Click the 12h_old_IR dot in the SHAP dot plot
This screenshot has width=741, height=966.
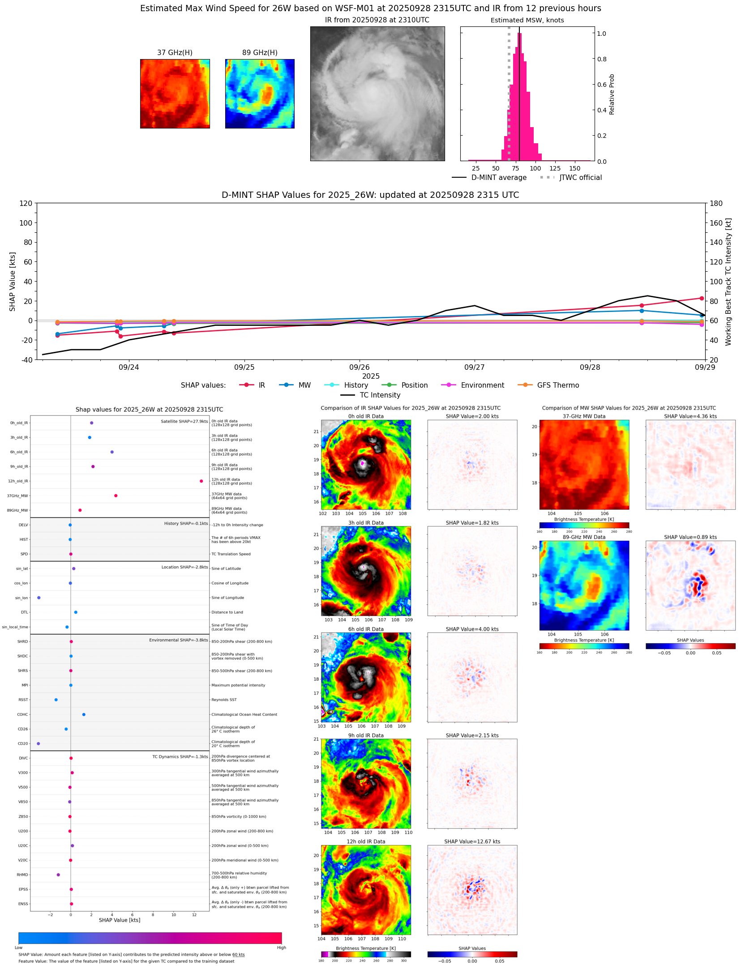201,481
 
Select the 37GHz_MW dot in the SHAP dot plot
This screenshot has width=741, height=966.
116,496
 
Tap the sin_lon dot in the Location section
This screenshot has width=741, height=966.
39,598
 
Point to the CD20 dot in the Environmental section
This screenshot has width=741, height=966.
39,744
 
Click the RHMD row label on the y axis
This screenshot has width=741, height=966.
22,875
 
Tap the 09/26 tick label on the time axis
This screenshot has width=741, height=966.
360,367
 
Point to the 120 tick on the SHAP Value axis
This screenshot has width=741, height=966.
26,203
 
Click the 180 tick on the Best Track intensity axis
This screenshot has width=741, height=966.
716,203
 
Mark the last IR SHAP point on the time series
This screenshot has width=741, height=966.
702,298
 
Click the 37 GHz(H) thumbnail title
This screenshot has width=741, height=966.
175,52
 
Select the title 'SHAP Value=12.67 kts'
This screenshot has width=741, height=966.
472,842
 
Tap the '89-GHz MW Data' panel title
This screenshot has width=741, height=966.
584,537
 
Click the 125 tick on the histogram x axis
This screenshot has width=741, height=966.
555,168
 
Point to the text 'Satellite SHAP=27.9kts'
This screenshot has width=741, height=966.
184,421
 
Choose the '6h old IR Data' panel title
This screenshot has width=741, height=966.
366,629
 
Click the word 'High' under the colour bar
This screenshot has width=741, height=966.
281,948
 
